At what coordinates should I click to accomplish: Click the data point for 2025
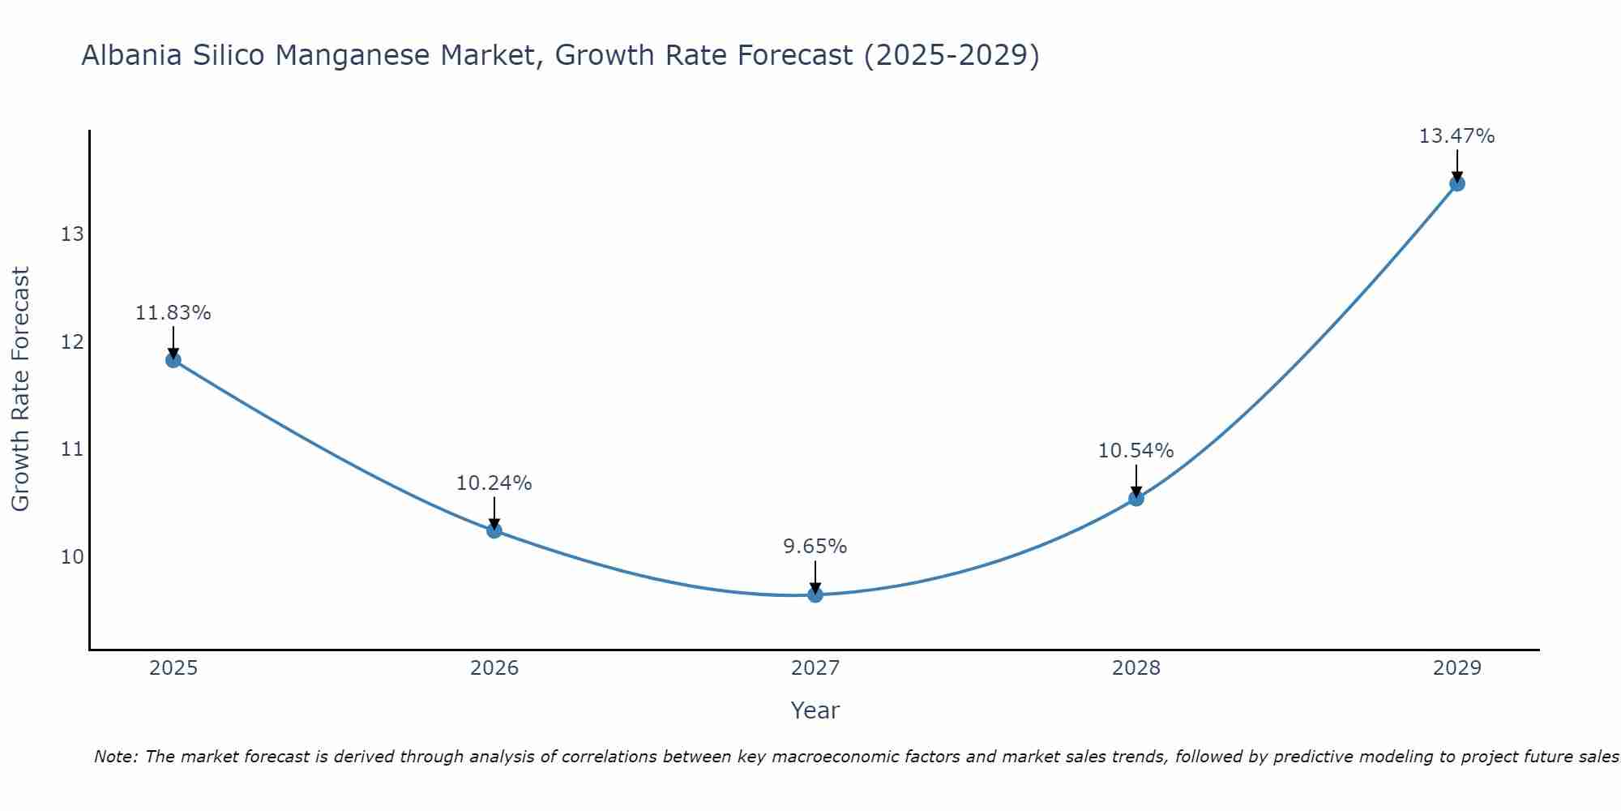tap(173, 360)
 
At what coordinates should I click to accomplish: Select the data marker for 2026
tap(494, 530)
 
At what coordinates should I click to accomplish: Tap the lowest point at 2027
tap(815, 594)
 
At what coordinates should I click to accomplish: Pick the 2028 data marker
tap(1136, 498)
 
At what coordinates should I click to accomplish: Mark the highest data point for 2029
tap(1456, 183)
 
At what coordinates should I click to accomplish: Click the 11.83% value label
tap(173, 313)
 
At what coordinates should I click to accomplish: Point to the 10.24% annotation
tap(494, 483)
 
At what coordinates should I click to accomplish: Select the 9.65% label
tap(815, 547)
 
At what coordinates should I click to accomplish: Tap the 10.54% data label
tap(1136, 451)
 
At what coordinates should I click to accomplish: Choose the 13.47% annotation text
tap(1456, 136)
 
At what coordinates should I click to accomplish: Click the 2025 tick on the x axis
tap(173, 668)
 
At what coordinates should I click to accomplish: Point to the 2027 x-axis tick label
tap(815, 668)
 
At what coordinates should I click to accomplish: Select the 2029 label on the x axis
tap(1456, 668)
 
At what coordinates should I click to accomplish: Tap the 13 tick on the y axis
tap(72, 234)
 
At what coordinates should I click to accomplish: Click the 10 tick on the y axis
tap(72, 556)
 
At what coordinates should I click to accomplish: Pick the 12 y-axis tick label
tap(72, 341)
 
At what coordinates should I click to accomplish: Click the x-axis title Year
tap(815, 710)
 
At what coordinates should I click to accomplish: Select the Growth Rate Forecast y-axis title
tap(20, 389)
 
